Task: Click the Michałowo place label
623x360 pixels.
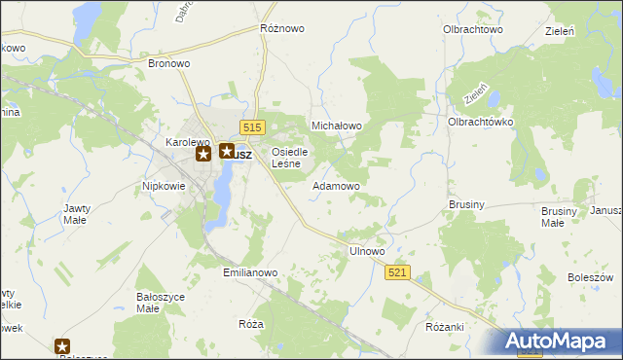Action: (336, 126)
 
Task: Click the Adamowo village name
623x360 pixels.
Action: (336, 185)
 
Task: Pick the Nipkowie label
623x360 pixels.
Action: (164, 185)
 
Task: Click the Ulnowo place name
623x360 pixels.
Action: (367, 251)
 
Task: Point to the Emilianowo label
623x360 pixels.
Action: (251, 273)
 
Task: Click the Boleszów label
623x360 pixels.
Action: (589, 277)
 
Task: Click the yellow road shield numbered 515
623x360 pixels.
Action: (252, 128)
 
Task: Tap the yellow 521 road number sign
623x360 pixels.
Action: (397, 274)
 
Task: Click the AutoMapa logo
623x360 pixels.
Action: (561, 341)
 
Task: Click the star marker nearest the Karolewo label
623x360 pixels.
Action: (203, 154)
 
